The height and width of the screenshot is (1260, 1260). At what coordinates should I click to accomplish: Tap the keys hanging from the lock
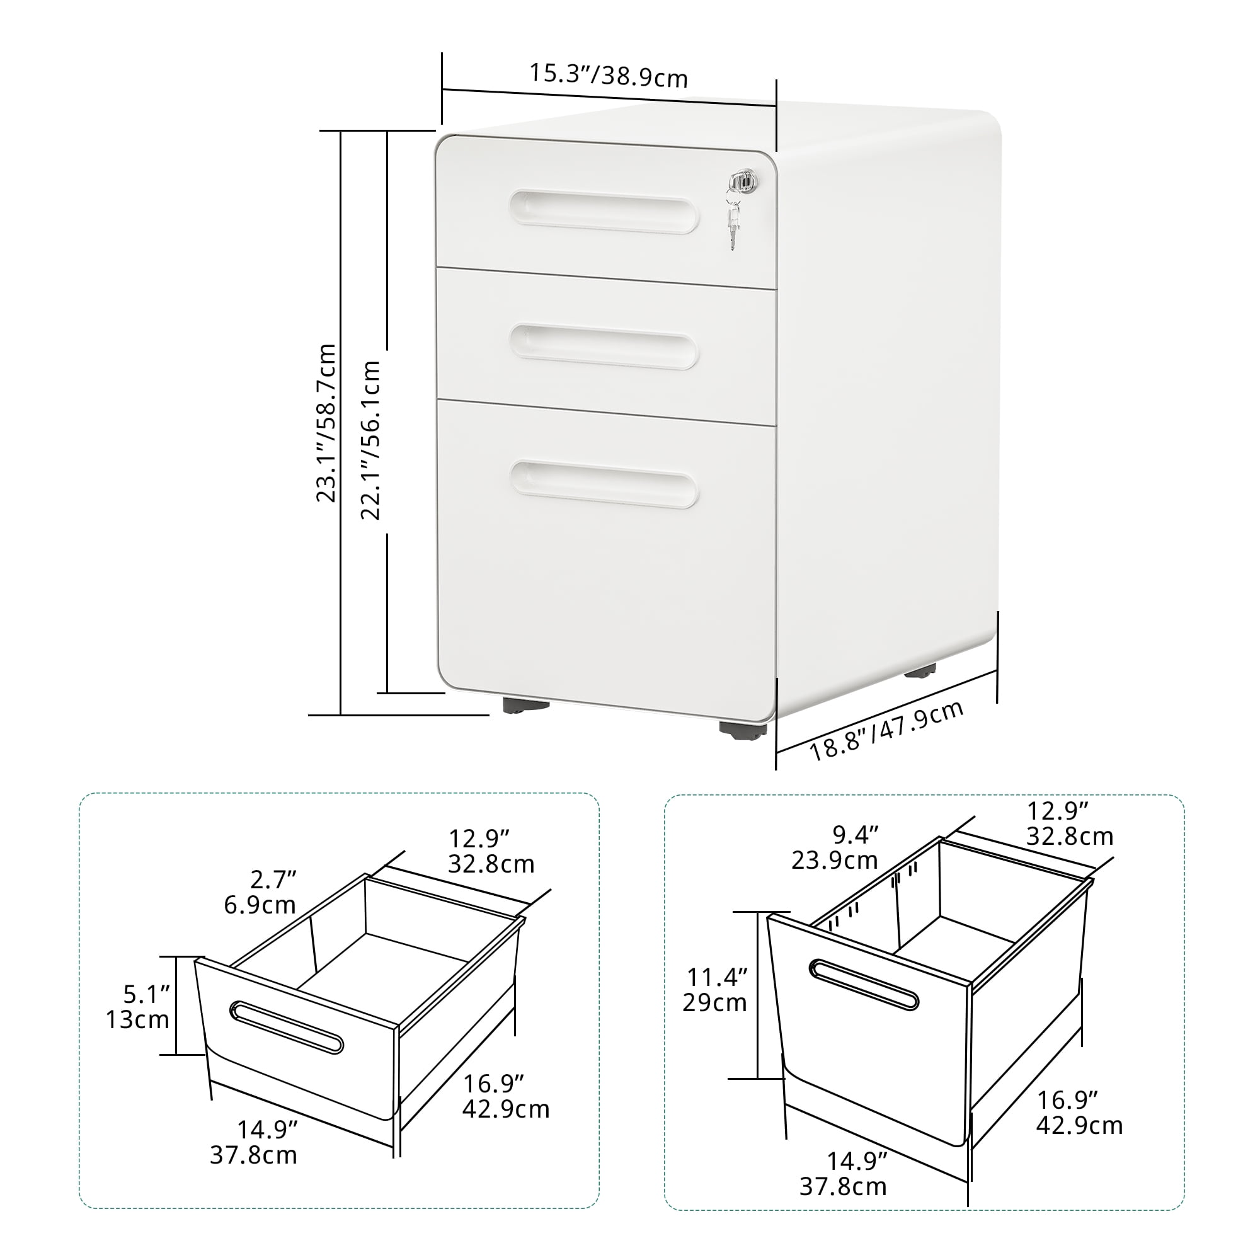(735, 221)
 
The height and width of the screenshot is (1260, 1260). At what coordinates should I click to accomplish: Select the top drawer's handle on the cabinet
(604, 211)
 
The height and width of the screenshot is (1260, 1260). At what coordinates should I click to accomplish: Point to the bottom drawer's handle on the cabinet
(604, 484)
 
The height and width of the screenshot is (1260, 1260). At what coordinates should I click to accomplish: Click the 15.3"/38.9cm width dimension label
(608, 75)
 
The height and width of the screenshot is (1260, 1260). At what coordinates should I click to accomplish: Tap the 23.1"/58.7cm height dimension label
(326, 423)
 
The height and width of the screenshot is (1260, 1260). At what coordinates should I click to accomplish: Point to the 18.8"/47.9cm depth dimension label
(887, 730)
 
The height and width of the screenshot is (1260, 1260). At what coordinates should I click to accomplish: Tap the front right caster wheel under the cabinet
(743, 729)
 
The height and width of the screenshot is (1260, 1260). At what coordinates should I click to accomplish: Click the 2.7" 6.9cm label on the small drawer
(260, 892)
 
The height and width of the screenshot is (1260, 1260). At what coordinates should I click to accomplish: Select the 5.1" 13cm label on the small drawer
(137, 1007)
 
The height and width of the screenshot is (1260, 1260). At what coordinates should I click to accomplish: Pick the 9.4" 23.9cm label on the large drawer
(835, 847)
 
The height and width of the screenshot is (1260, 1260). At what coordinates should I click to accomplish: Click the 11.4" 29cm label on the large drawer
(716, 999)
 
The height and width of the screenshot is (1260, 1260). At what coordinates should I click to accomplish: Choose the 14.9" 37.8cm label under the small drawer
(254, 1142)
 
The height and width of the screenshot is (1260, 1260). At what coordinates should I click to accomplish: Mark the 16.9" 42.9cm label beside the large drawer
(1079, 1112)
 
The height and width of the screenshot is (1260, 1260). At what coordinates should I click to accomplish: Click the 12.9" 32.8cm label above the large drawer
(1070, 823)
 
